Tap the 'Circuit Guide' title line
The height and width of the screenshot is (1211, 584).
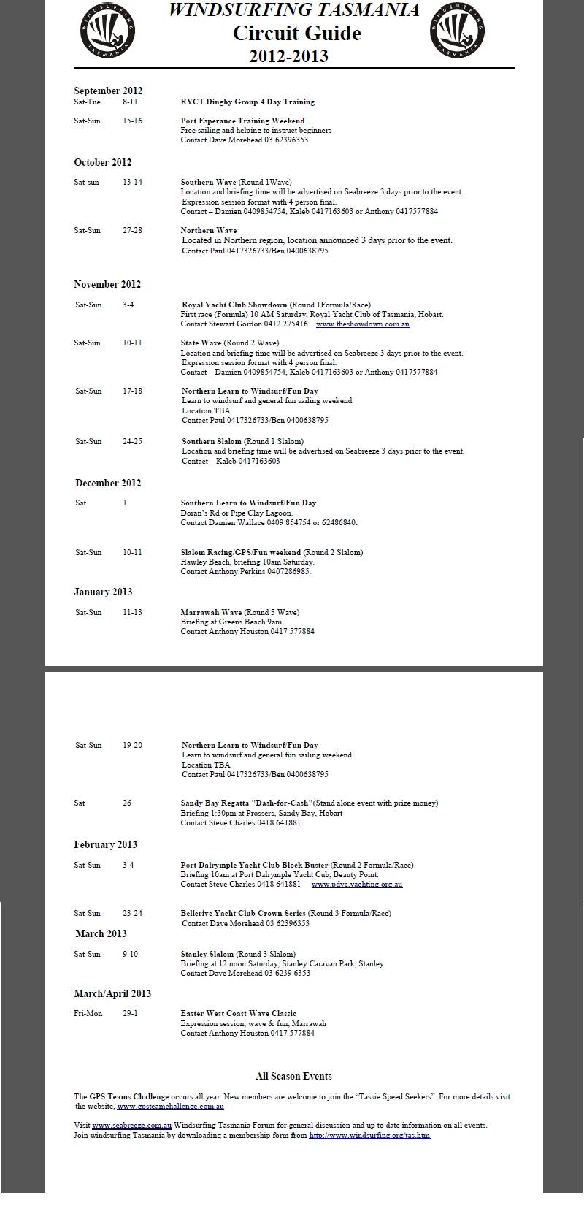[x=296, y=33]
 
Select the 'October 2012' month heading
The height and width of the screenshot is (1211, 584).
[x=102, y=162]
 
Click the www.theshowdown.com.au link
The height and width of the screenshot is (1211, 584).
[x=362, y=324]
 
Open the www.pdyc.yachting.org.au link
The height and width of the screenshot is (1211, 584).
[x=356, y=884]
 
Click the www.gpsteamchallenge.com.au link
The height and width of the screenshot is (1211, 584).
[x=170, y=1106]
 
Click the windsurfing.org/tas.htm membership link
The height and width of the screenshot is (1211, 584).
[x=369, y=1135]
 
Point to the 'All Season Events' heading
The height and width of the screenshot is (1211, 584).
[x=293, y=1076]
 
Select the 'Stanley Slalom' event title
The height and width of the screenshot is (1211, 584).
[x=207, y=954]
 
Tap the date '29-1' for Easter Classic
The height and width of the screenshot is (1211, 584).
[x=131, y=1014]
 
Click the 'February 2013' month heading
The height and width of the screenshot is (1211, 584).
[x=105, y=844]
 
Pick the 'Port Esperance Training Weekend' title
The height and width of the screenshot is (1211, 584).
[x=242, y=121]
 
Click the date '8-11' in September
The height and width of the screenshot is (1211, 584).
[x=130, y=102]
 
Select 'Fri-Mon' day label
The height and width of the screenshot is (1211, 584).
[x=88, y=1014]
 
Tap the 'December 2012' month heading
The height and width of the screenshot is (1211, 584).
[x=108, y=483]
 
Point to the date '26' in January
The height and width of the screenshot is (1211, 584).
[x=127, y=803]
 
